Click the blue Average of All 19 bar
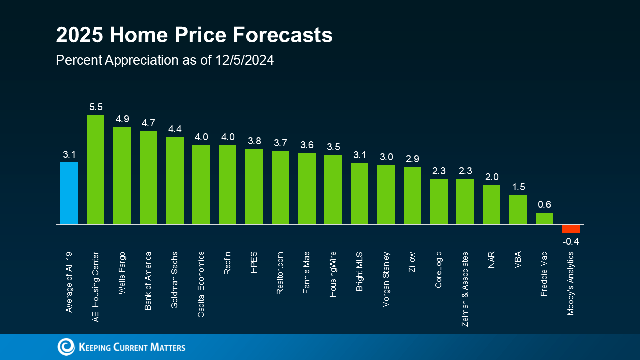[69, 193]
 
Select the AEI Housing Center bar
[95, 170]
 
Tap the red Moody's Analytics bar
[570, 229]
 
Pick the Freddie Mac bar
[544, 219]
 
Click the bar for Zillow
[412, 196]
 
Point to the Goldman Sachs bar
[175, 181]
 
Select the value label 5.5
[96, 107]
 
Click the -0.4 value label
[570, 242]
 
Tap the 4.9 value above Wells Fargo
[122, 119]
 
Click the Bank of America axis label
[148, 281]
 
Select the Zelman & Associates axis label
[465, 289]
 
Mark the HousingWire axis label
[333, 274]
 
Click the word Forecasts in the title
[279, 36]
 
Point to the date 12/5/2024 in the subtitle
[245, 60]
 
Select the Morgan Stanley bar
[386, 195]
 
